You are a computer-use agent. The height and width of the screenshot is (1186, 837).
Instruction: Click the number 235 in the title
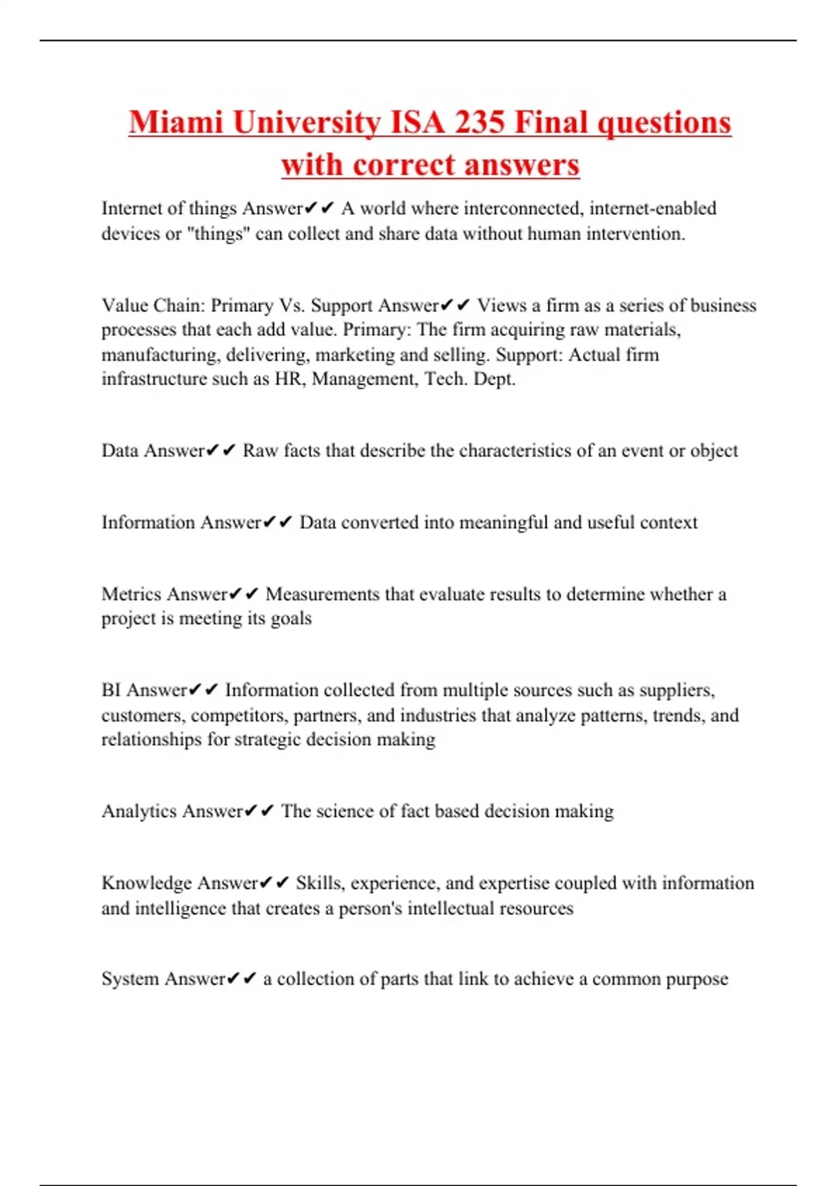point(479,123)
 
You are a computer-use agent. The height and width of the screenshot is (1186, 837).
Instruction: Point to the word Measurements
point(323,594)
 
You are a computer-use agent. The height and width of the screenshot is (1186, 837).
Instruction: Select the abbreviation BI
point(111,690)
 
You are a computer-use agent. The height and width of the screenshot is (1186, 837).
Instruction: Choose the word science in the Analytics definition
point(345,811)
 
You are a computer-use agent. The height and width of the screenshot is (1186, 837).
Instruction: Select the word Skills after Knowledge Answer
point(319,883)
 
